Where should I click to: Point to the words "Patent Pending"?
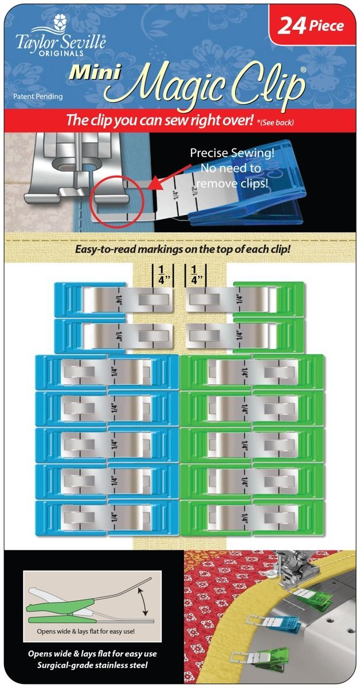38,97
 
